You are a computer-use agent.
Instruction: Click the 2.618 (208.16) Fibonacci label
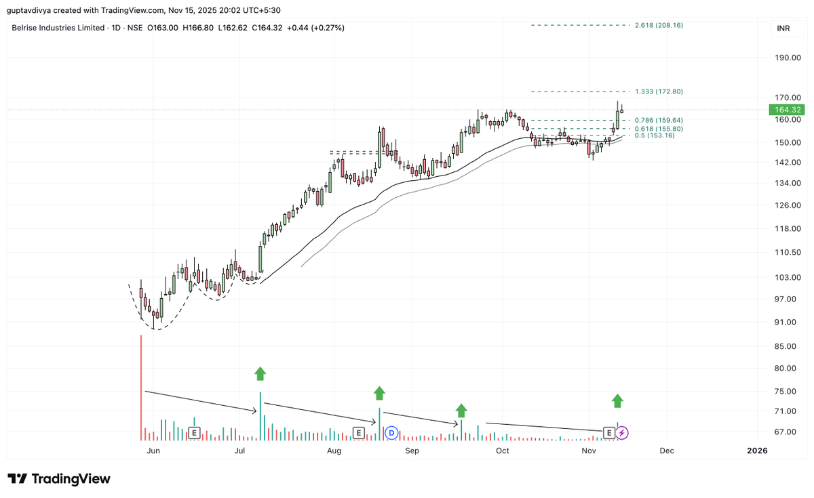tap(659, 25)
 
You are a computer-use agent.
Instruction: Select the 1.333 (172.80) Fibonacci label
tap(659, 91)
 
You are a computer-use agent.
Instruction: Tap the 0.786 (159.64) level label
tap(659, 120)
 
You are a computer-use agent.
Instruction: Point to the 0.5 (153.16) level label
tap(655, 136)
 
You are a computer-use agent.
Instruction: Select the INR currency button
tap(783, 28)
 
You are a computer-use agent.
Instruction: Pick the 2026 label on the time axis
tap(757, 451)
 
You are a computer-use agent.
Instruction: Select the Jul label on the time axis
tap(239, 451)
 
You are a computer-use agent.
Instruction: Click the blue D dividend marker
tap(391, 432)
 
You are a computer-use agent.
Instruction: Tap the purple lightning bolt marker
tap(623, 432)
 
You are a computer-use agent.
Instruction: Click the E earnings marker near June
tap(194, 432)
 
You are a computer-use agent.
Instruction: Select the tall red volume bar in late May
tap(141, 386)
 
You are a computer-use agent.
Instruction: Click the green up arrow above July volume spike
tap(260, 373)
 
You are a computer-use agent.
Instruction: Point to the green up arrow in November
tap(617, 400)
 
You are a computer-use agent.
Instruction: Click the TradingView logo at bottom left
tap(59, 478)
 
